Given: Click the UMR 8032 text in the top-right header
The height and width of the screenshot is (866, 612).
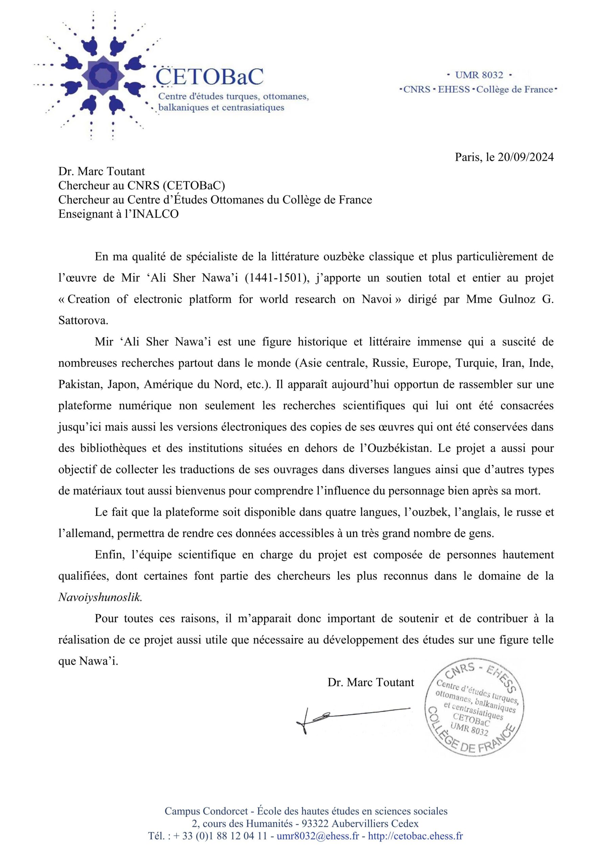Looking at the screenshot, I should pos(479,75).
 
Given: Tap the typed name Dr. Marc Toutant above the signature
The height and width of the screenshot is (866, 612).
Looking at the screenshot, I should pos(371,682).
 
